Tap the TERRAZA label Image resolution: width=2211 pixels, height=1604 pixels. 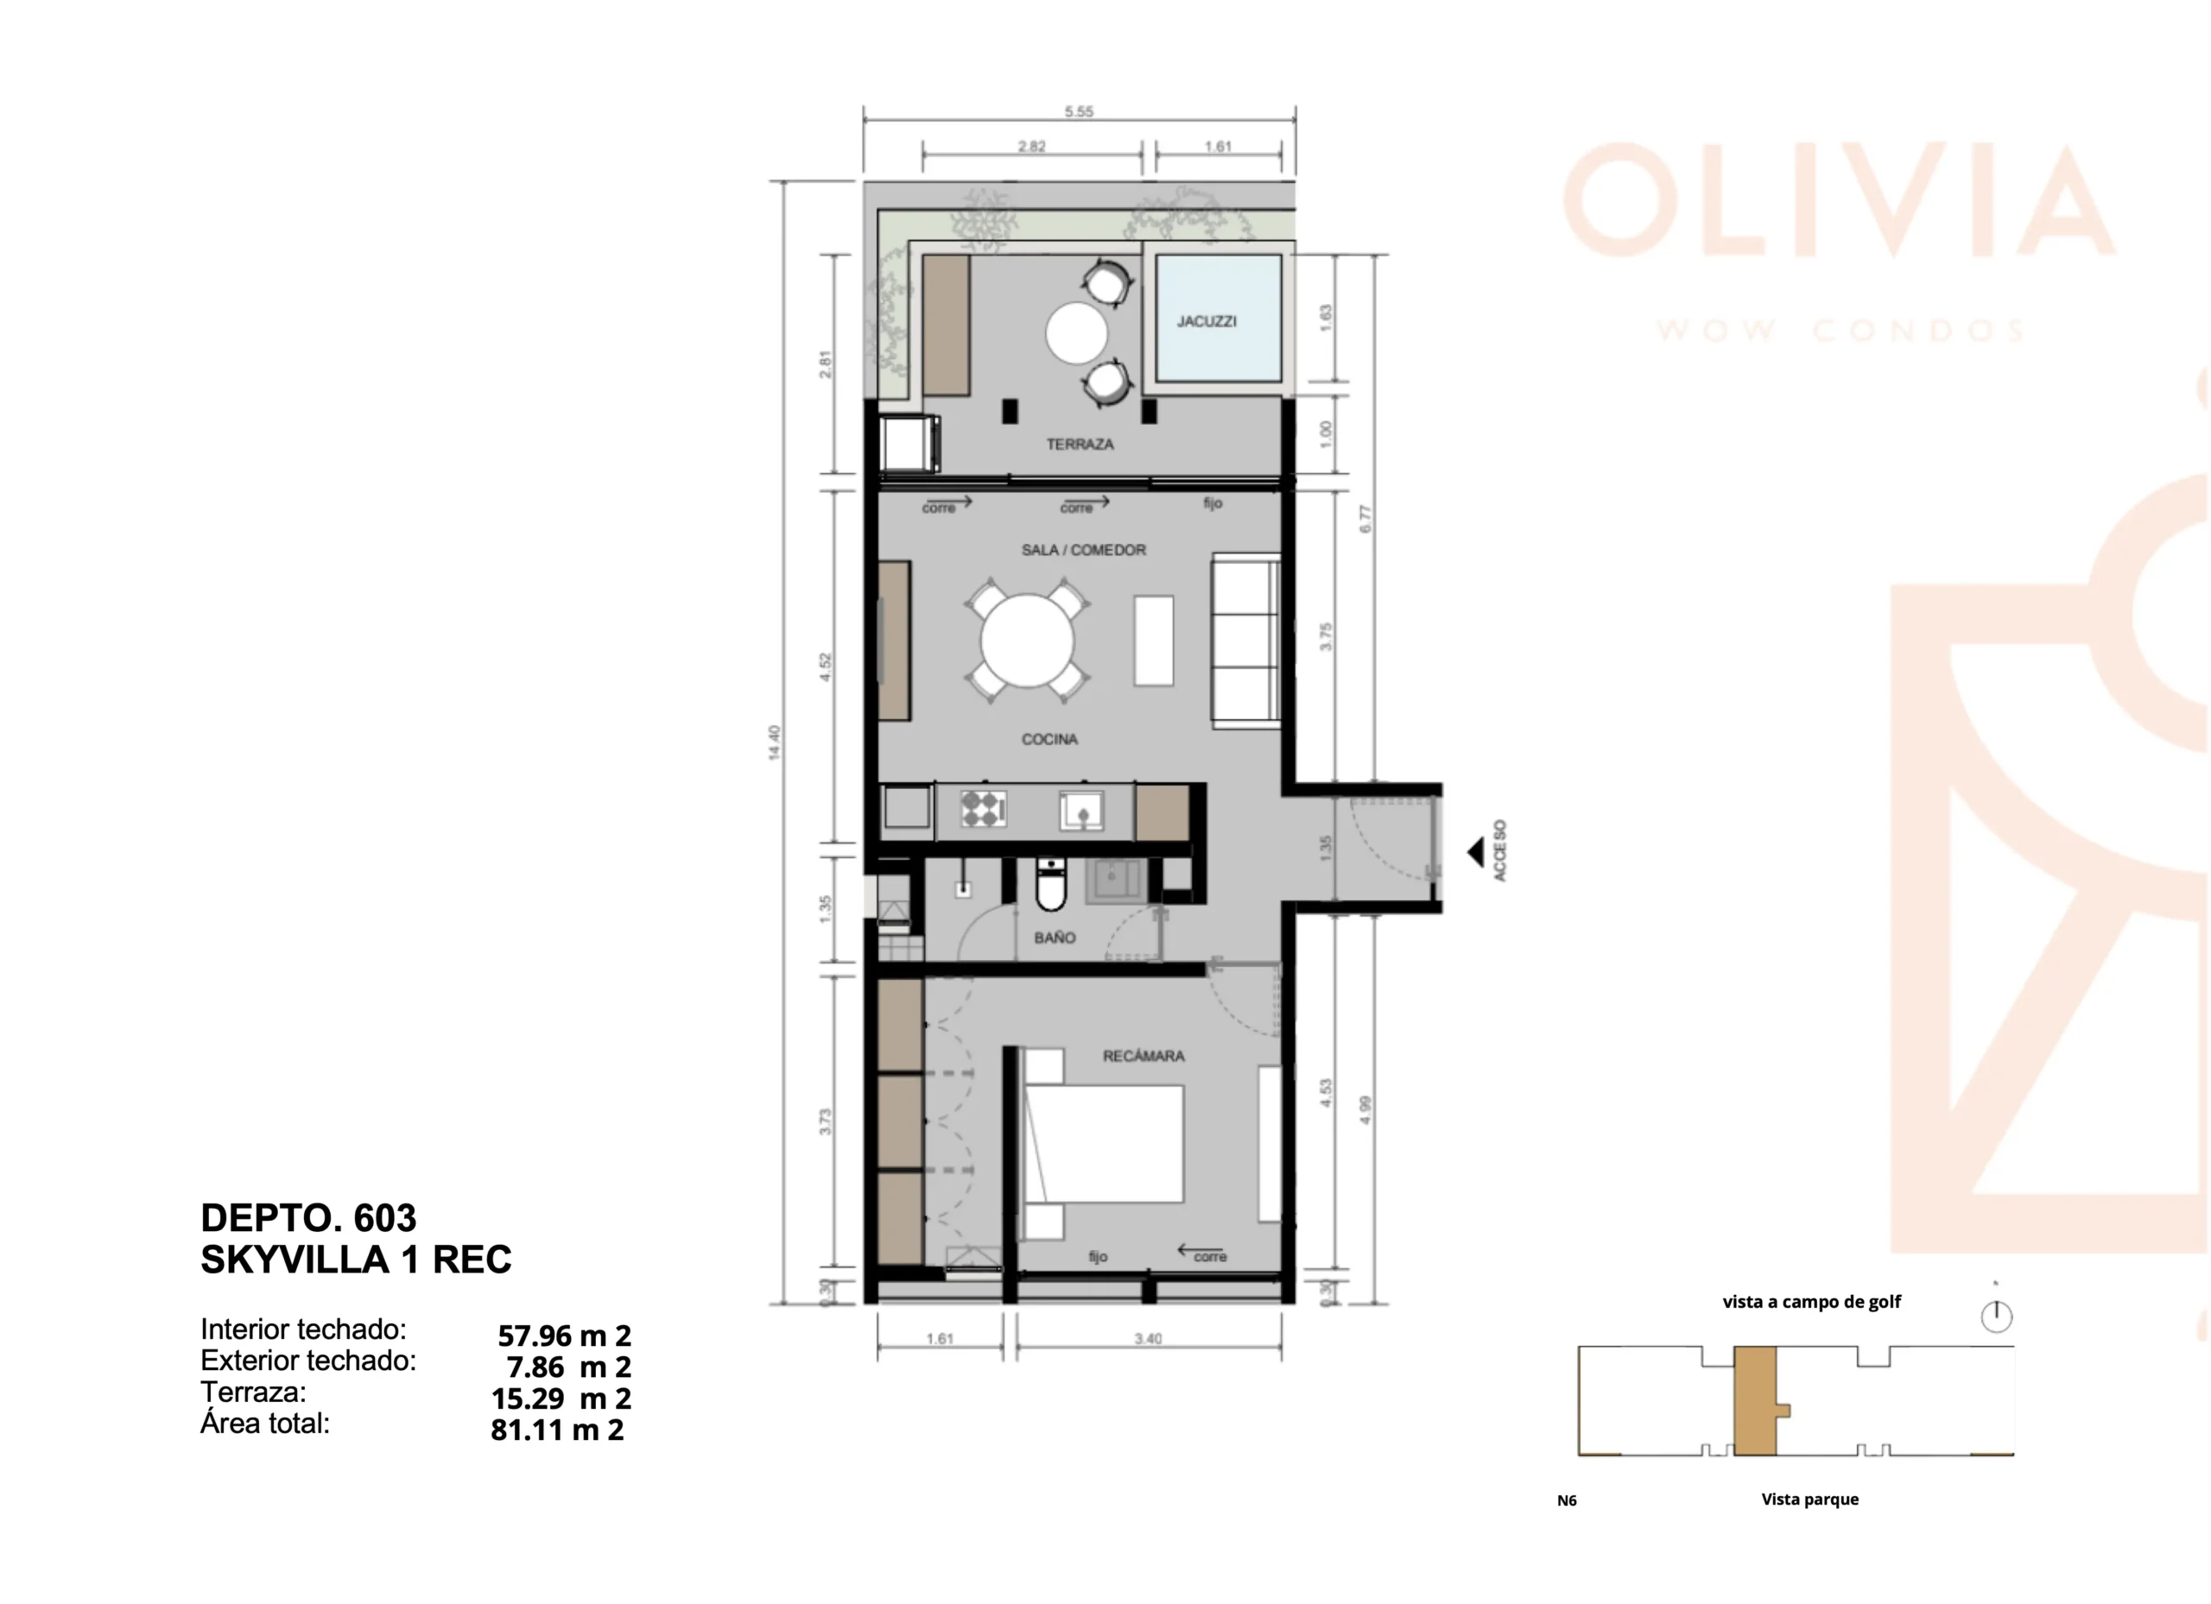[1080, 445]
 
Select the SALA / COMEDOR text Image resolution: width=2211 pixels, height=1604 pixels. [1083, 550]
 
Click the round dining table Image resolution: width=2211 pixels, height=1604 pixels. [1027, 641]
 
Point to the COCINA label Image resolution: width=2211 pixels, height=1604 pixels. [1049, 740]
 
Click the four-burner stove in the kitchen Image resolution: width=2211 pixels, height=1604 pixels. [983, 809]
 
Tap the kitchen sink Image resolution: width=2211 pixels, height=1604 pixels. [1082, 811]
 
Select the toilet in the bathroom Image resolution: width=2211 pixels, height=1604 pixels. [1050, 885]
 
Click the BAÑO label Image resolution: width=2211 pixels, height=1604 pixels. [1055, 938]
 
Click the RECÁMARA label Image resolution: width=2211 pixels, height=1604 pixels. [1144, 1055]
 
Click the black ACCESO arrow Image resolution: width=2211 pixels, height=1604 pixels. [1475, 853]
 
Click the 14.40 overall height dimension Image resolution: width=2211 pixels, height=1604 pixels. [774, 742]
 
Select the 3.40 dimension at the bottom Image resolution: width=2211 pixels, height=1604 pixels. [1149, 1339]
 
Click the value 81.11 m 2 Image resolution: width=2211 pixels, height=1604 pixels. [557, 1430]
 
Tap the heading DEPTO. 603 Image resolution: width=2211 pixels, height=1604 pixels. [308, 1218]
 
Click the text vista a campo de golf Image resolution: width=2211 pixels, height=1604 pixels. [1811, 1302]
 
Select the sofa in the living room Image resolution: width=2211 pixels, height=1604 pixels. [1245, 641]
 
